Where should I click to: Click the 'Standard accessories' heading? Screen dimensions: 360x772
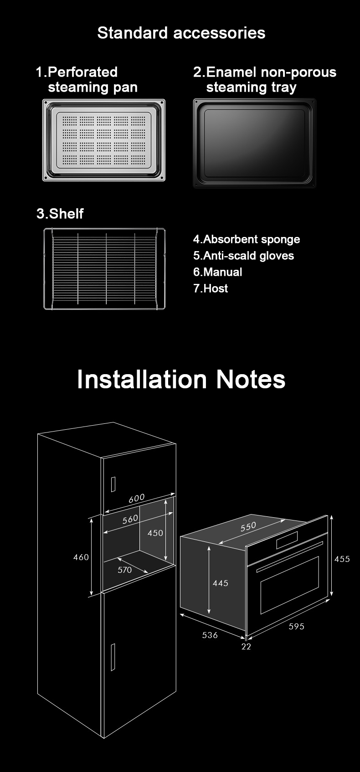point(181,33)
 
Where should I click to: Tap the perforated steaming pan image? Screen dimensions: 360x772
point(103,140)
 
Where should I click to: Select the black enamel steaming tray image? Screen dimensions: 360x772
point(254,143)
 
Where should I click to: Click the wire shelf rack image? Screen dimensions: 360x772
point(104,269)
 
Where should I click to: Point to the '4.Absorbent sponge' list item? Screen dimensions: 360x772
point(247,239)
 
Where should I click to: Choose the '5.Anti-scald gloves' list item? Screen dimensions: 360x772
point(243,256)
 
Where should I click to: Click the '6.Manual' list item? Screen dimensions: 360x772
point(217,272)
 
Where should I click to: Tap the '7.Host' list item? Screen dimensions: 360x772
point(211,288)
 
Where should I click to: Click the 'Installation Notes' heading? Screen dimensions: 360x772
point(181,379)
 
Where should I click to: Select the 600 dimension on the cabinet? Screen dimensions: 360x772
point(136,499)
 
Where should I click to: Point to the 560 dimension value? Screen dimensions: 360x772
point(130,519)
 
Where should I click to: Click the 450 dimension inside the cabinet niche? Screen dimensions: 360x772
point(155,533)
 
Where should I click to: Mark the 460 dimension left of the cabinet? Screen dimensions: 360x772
point(81,557)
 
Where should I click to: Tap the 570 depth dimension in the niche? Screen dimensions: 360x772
point(124,570)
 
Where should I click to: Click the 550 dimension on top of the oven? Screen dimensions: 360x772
point(248,527)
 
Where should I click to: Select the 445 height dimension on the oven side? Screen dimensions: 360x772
point(220,583)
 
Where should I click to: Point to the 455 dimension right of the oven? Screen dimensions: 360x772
point(342,559)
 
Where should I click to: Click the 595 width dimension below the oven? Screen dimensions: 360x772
point(296,626)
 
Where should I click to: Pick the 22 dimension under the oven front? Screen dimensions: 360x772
point(246,646)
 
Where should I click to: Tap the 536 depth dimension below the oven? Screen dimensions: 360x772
point(210,635)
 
